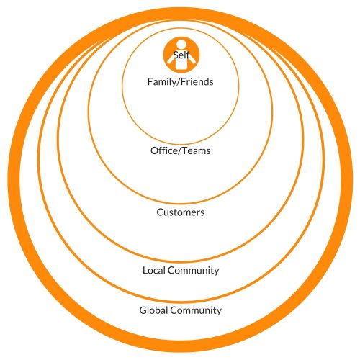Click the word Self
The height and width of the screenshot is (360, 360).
[x=181, y=55]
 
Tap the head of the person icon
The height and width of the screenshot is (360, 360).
[x=181, y=44]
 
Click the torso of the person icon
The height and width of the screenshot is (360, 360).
[x=181, y=63]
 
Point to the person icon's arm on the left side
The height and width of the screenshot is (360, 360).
[x=171, y=59]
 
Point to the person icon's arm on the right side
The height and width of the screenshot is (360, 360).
[x=192, y=59]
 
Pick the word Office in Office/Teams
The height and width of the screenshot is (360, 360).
[x=163, y=150]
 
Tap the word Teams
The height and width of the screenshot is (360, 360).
[x=196, y=150]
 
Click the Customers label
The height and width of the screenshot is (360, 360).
[x=181, y=212]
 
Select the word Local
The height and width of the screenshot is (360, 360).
[x=154, y=271]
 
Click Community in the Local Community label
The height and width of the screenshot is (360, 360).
[x=194, y=271]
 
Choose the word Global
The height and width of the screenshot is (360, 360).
[x=153, y=310]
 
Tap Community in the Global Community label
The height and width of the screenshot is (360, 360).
[x=196, y=310]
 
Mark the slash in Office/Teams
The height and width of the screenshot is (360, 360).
[x=179, y=150]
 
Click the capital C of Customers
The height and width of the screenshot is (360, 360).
[x=160, y=212]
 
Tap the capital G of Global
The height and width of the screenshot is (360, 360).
[x=143, y=310]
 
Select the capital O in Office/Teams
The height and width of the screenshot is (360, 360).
[x=155, y=150]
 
